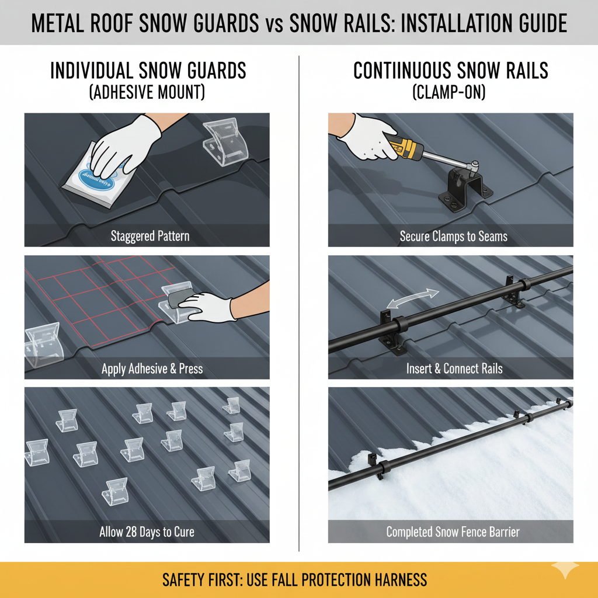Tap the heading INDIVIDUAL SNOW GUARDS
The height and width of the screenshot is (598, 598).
coord(148,71)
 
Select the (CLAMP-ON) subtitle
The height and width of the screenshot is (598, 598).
coord(451,92)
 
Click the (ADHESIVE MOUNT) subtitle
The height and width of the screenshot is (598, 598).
coord(148,92)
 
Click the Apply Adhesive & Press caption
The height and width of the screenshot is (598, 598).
coord(152,369)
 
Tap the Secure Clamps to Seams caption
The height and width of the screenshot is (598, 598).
coord(453,237)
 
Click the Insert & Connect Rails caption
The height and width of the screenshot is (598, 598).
coord(454,369)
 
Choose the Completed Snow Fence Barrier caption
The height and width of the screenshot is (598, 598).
coord(453,532)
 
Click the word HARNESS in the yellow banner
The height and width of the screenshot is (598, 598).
coord(398,580)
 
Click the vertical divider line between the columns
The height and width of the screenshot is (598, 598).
coord(299,304)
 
